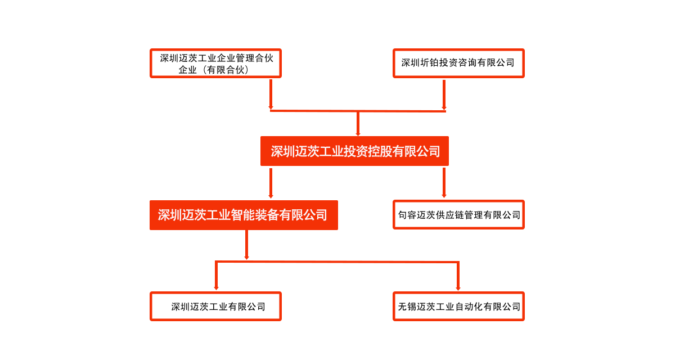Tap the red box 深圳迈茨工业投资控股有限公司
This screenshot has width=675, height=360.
[354, 151]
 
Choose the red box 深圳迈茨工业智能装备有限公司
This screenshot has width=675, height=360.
[244, 215]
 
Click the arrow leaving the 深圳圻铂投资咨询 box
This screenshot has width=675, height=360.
[444, 95]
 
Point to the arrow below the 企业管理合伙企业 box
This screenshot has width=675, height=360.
[271, 94]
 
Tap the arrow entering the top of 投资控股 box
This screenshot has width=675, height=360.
[358, 124]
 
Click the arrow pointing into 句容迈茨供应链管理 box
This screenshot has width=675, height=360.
[444, 183]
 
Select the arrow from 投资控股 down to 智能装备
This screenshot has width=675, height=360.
[271, 183]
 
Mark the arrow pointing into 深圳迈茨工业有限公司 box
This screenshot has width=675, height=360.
[217, 276]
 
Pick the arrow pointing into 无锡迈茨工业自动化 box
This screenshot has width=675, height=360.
[458, 276]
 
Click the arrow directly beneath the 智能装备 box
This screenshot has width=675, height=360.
[246, 245]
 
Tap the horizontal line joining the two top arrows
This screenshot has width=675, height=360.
[358, 111]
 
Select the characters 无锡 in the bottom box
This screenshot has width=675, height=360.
[407, 307]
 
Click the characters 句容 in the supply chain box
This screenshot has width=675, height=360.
[407, 215]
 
